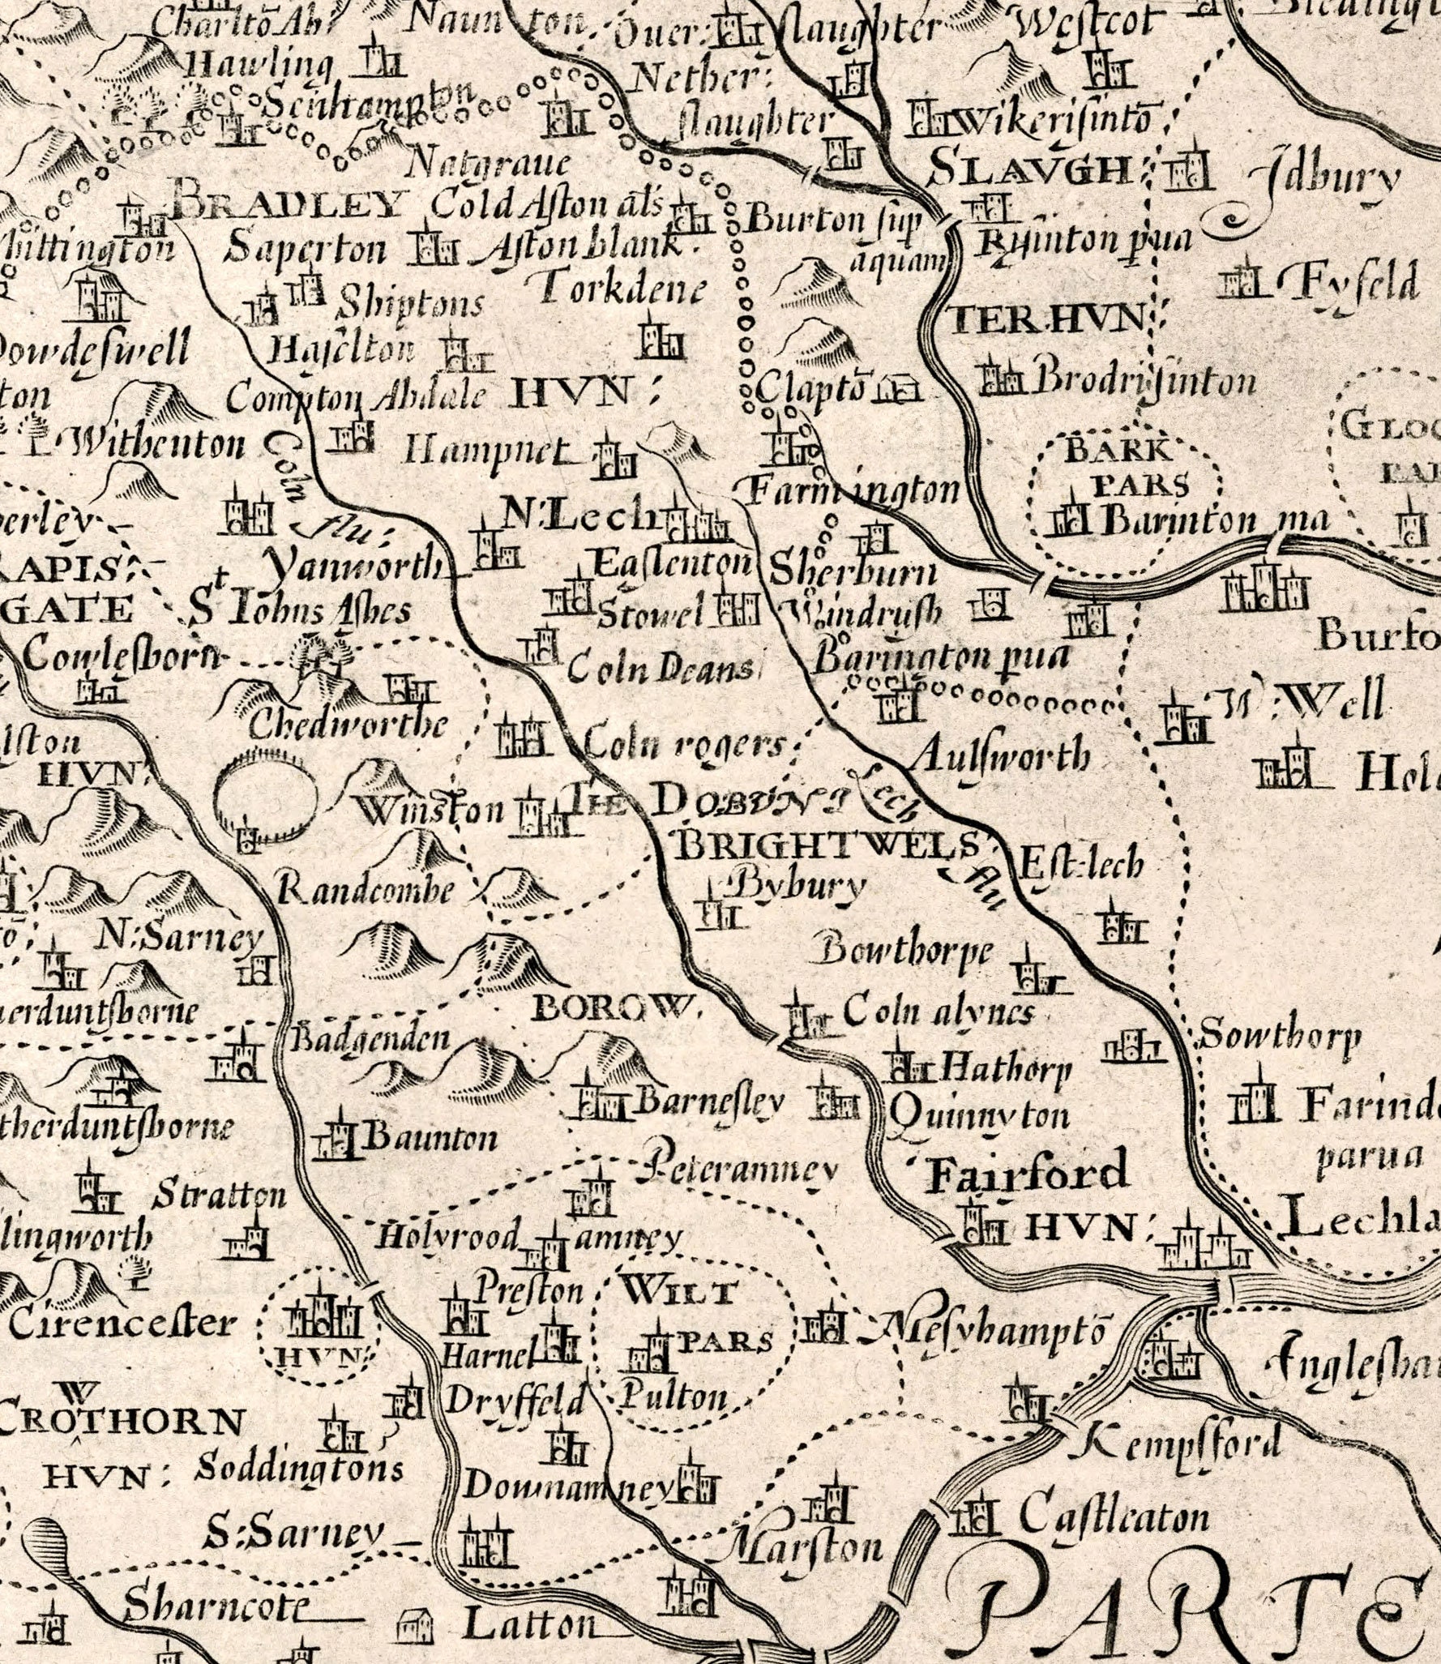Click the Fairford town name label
pos(1027,1173)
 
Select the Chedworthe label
pos(347,724)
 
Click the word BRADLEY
pos(288,203)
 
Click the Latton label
pos(531,1622)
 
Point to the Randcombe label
pos(365,890)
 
